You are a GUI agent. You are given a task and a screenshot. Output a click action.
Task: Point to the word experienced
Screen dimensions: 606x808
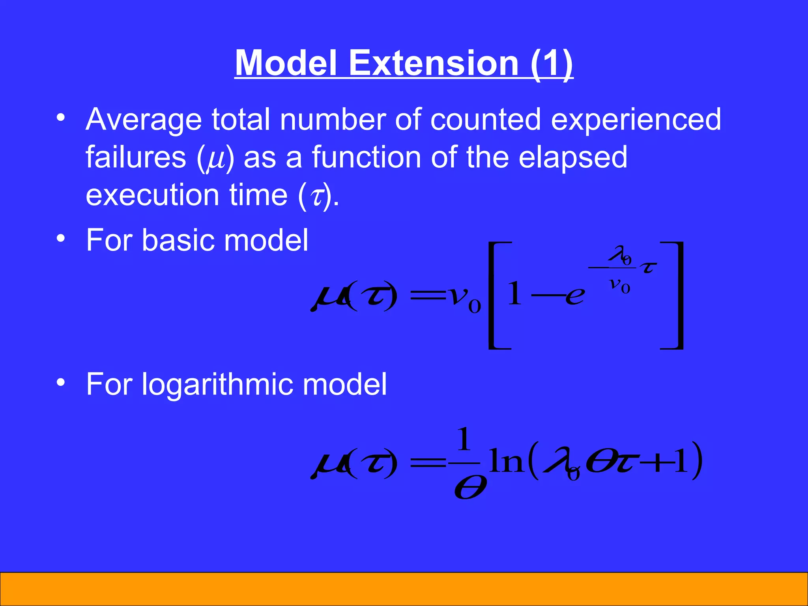(636, 120)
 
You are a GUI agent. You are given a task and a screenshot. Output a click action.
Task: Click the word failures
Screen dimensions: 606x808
(136, 157)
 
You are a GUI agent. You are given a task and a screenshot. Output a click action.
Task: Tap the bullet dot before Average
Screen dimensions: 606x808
(60, 118)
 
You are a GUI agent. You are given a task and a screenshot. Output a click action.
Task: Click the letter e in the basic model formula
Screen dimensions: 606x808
(575, 296)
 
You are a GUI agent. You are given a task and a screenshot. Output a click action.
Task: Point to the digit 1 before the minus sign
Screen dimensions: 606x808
(514, 294)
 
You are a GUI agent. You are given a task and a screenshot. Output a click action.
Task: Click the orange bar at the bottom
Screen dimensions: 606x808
(404, 589)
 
